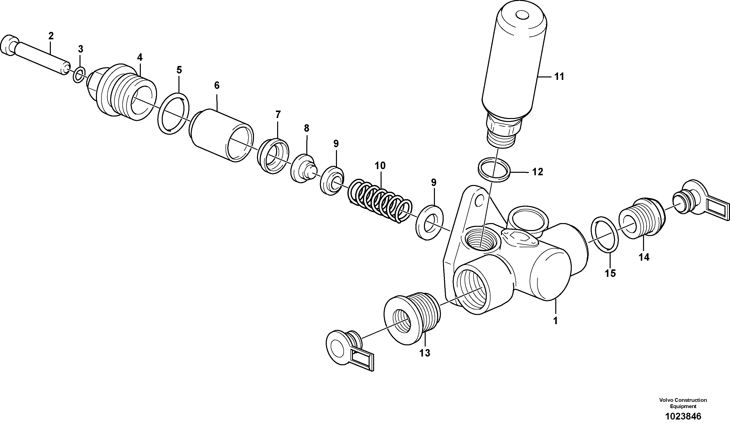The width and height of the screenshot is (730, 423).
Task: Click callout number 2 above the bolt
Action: [x=51, y=36]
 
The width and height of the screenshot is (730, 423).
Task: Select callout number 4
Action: [x=140, y=57]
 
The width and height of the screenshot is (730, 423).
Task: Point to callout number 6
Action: [x=217, y=85]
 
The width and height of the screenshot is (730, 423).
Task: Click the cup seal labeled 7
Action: [x=273, y=156]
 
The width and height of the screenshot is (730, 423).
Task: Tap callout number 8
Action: [x=307, y=128]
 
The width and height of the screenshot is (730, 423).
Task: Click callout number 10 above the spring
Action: [x=380, y=166]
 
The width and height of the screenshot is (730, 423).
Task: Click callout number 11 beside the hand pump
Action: [x=559, y=77]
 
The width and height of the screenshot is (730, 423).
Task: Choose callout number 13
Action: [x=425, y=353]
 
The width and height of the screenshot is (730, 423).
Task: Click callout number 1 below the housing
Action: [x=555, y=321]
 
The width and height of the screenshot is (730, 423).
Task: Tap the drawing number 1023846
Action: [x=683, y=416]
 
